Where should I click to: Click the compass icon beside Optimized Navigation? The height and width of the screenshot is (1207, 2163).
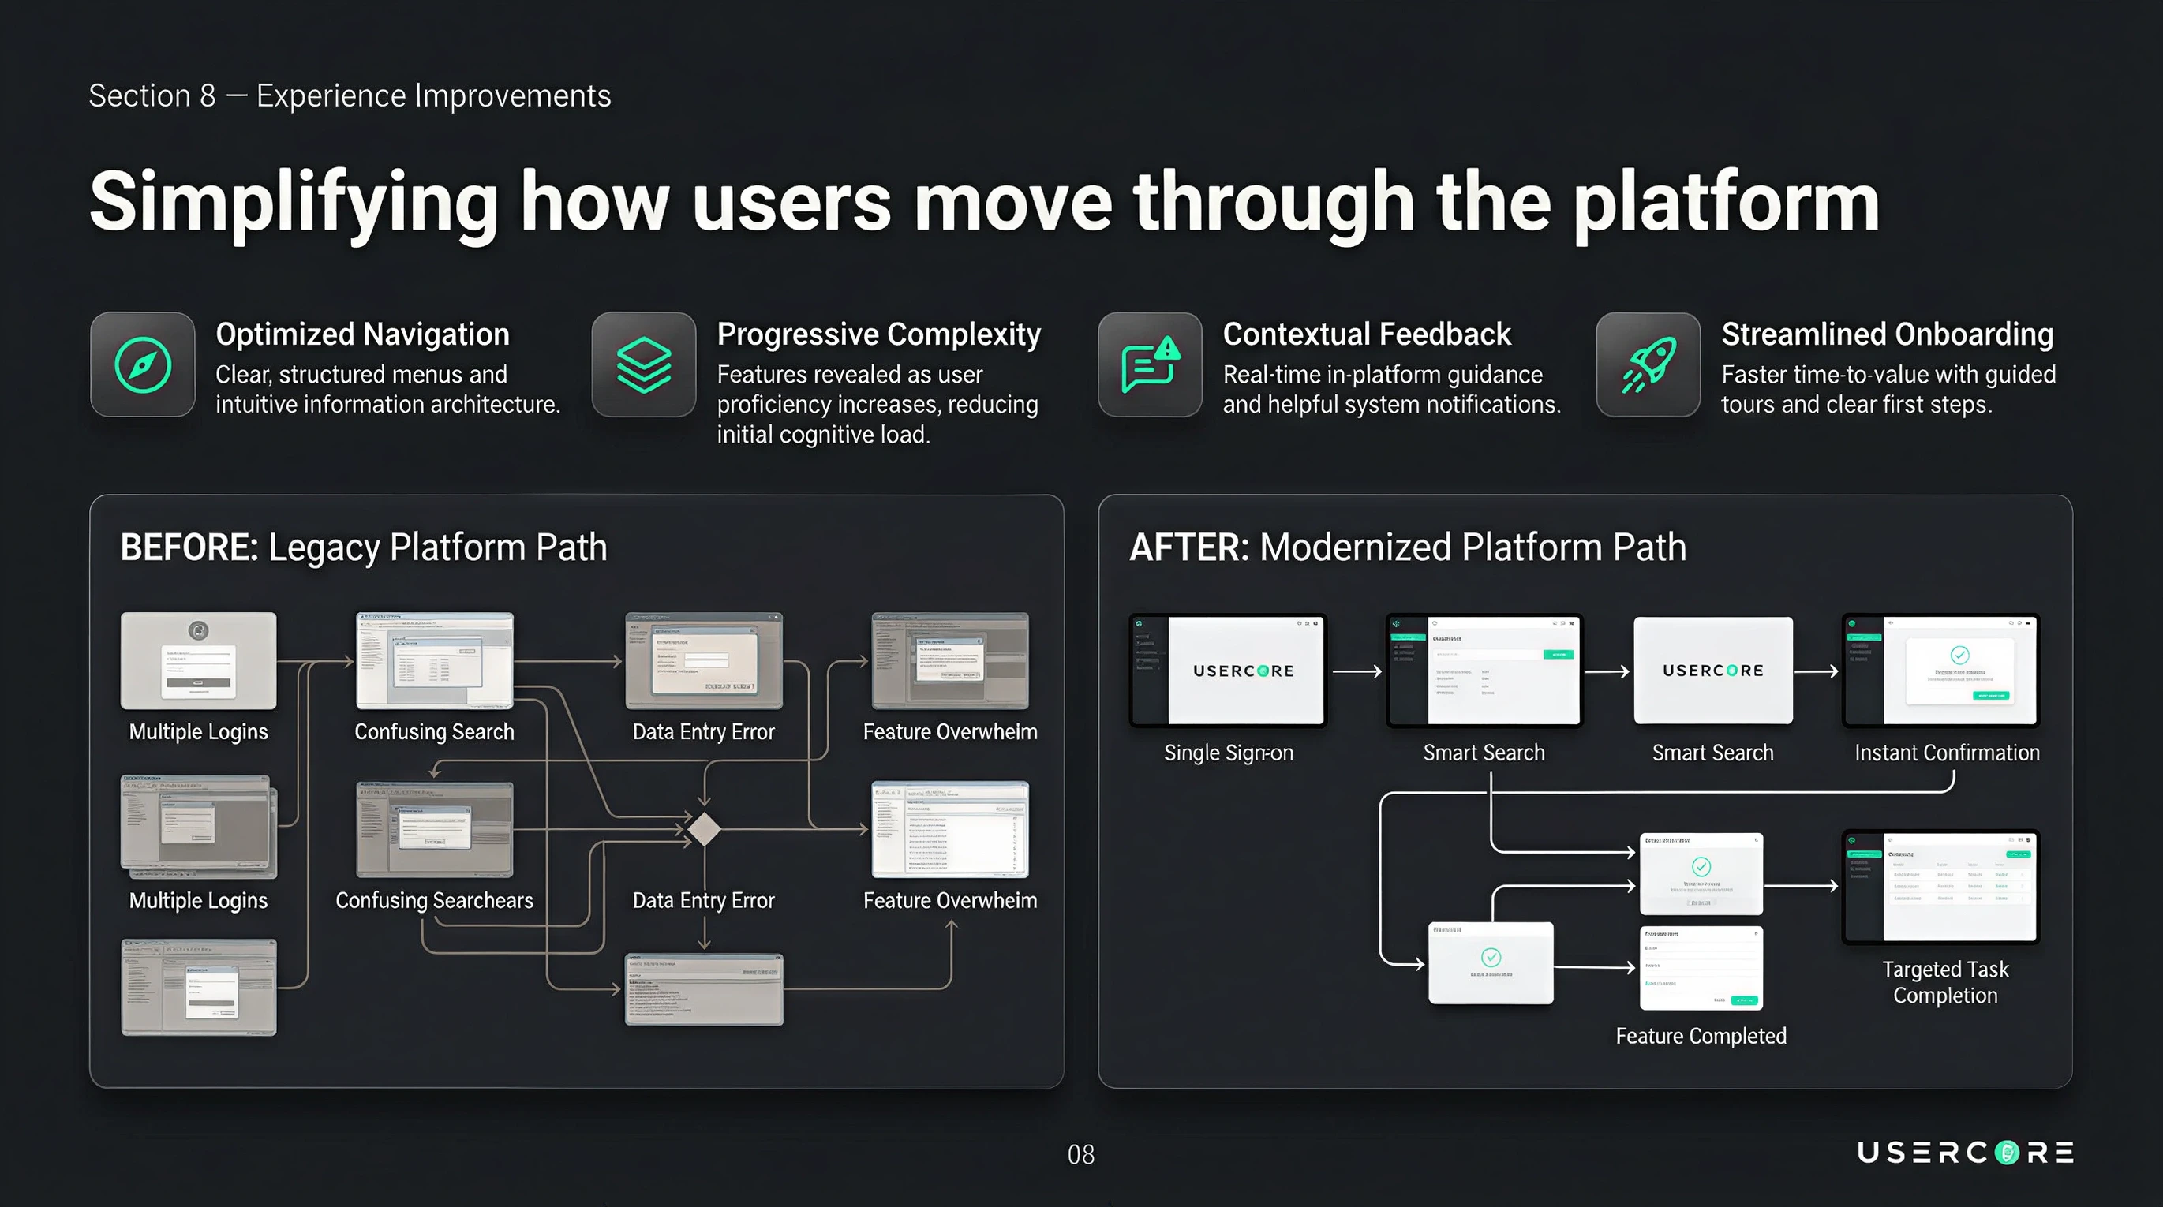[x=143, y=365]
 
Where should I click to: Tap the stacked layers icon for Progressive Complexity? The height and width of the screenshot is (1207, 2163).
[x=644, y=365]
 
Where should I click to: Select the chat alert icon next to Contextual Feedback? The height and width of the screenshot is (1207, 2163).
[x=1151, y=365]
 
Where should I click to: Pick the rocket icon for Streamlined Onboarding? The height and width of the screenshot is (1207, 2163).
[x=1648, y=365]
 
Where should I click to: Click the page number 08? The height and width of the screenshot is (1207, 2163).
[x=1080, y=1155]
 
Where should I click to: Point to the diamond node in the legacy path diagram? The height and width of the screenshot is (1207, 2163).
[x=704, y=829]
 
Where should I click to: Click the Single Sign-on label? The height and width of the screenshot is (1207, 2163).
[x=1229, y=753]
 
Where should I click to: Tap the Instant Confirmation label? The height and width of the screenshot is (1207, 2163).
[x=1946, y=753]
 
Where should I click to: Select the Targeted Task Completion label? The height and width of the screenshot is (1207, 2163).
[x=1944, y=982]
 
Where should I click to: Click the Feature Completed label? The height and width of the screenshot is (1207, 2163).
[x=1701, y=1036]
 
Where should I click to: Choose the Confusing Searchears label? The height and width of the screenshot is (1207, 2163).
[x=434, y=901]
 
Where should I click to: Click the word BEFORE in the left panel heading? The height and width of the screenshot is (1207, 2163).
[x=189, y=547]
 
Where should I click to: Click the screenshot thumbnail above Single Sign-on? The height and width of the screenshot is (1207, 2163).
[x=1228, y=671]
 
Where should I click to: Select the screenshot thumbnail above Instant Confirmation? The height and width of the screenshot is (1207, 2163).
[x=1940, y=671]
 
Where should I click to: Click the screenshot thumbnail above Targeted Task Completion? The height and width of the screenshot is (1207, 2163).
[x=1940, y=887]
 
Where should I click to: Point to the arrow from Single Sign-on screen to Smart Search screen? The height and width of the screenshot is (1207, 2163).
[x=1356, y=671]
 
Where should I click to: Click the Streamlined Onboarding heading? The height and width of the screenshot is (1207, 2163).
[x=1887, y=334]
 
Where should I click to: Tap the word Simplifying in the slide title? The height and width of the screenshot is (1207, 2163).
[x=294, y=202]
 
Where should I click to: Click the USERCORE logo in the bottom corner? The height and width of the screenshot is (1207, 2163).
[x=1965, y=1153]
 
